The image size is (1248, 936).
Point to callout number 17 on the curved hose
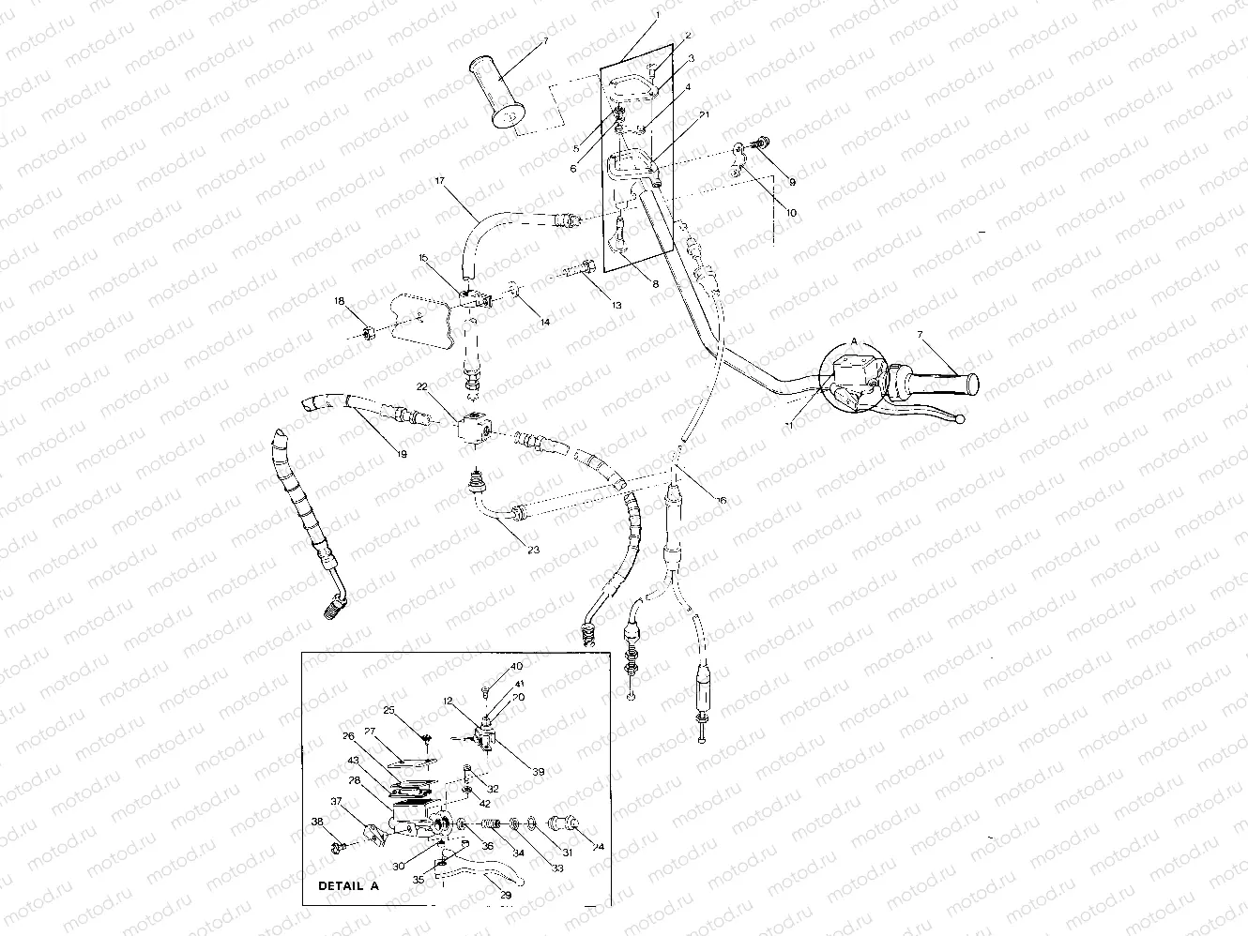[x=438, y=181]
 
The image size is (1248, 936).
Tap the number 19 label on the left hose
[x=401, y=455]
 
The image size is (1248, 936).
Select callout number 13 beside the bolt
[x=616, y=305]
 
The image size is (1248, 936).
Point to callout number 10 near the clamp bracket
[x=791, y=213]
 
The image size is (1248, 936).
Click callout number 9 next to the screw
[x=791, y=181]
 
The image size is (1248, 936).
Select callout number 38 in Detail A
[x=318, y=821]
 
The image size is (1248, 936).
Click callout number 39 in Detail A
[x=537, y=772]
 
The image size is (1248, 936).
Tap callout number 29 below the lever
[x=506, y=895]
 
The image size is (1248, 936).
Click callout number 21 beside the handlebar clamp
[x=703, y=114]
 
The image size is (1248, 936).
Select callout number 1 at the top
[x=657, y=15]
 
